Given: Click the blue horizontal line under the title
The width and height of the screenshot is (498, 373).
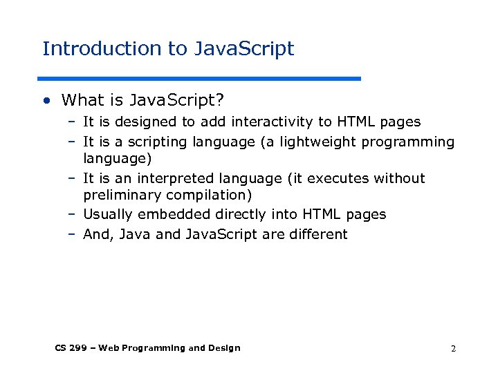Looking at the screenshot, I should pyautogui.click(x=200, y=78).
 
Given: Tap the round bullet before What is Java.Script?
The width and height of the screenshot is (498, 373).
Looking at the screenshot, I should pyautogui.click(x=46, y=101).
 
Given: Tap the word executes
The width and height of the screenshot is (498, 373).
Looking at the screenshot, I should pyautogui.click(x=338, y=179).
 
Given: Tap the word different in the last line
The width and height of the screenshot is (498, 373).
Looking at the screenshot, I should pyautogui.click(x=319, y=234).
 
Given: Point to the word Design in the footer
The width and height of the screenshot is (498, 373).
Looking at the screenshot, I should pyautogui.click(x=225, y=348).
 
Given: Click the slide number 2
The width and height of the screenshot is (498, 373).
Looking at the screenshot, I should pyautogui.click(x=453, y=349).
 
